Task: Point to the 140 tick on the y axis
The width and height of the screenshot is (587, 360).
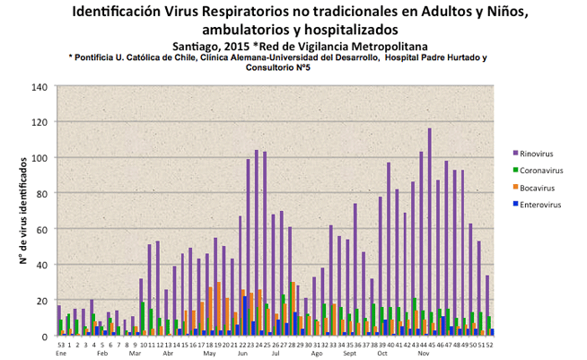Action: click(x=39, y=87)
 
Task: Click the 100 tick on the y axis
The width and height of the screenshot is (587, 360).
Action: click(x=39, y=158)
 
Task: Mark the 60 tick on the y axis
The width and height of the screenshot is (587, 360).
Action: click(x=42, y=229)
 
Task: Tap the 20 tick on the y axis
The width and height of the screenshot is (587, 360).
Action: click(x=42, y=301)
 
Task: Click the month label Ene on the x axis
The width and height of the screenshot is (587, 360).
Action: click(x=61, y=354)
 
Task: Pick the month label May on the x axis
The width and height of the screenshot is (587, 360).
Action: click(x=209, y=354)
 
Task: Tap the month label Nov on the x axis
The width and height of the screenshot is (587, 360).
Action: click(x=423, y=354)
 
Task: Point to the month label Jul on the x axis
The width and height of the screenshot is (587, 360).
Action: click(x=276, y=354)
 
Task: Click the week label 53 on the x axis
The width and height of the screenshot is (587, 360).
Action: click(x=60, y=345)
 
